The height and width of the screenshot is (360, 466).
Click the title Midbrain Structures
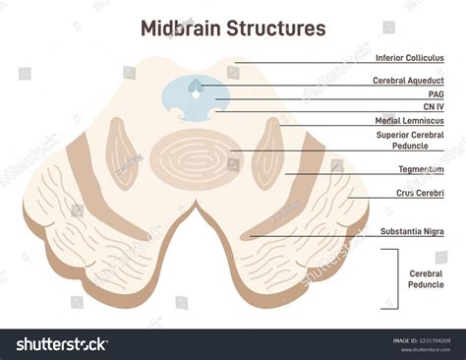[233, 28]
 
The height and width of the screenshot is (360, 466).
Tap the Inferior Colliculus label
[411, 59]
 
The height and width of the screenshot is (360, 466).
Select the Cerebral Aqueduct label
[408, 80]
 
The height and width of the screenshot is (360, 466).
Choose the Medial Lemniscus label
[411, 120]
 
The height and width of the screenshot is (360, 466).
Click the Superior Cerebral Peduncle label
[410, 141]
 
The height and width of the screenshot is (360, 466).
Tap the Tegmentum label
[419, 169]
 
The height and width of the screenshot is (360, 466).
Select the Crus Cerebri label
[419, 193]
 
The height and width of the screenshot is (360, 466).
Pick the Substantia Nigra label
[412, 231]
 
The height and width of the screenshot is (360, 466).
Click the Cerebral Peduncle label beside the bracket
[427, 278]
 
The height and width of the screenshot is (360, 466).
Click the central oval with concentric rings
[192, 155]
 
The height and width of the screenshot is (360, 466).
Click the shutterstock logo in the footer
[61, 343]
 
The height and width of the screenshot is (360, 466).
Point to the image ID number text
[421, 340]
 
